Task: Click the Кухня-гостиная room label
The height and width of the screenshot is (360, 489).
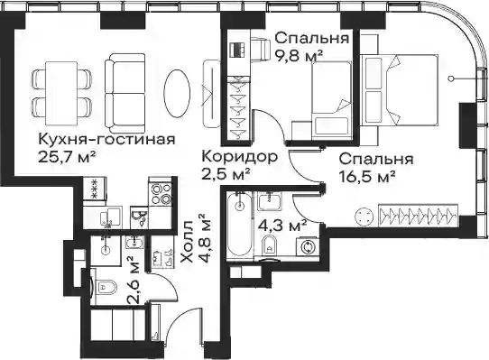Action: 106,140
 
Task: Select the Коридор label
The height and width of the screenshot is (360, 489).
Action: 239,157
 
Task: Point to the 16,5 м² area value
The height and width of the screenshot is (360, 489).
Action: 367,178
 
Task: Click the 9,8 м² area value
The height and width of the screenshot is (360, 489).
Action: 299,57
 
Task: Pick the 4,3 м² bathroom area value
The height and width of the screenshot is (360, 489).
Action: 283,226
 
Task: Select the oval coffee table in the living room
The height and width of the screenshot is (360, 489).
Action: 177,93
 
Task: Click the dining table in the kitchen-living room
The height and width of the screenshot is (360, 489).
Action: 61,93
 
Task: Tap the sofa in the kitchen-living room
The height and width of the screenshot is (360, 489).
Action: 125,93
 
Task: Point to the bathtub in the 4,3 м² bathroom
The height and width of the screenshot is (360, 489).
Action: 239,225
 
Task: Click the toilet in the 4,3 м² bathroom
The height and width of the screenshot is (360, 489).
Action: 270,245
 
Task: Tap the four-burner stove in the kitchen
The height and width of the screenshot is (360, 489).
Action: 161,194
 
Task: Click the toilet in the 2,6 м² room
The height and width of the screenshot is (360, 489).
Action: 104,286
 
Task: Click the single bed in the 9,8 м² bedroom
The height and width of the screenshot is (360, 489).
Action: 332,98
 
